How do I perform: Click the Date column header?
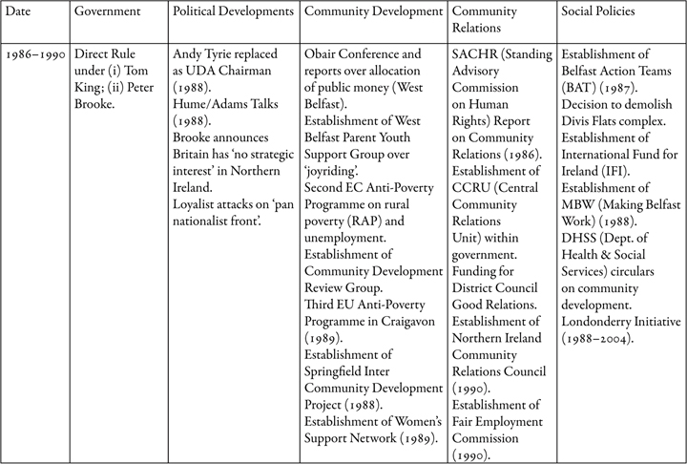(18, 11)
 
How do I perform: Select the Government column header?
(107, 11)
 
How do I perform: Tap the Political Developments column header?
(233, 11)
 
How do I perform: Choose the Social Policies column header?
(598, 11)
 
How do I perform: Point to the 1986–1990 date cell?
(35, 54)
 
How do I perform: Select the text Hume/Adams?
(205, 104)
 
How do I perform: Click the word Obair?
(320, 54)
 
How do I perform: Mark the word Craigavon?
(408, 322)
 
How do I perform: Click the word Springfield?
(332, 372)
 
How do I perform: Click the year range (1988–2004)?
(597, 339)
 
